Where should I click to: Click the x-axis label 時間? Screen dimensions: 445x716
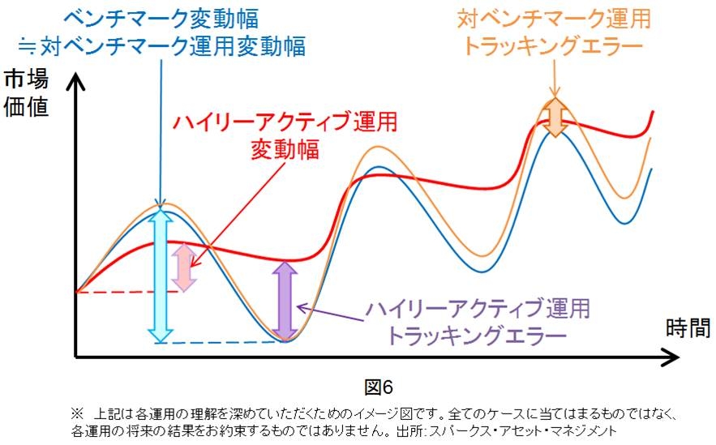click(688, 328)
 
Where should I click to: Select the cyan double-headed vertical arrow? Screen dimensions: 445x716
click(161, 275)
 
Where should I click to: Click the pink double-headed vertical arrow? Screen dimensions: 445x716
click(184, 267)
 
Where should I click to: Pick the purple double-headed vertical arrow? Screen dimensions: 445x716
click(284, 300)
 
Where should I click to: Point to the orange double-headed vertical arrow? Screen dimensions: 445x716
click(555, 117)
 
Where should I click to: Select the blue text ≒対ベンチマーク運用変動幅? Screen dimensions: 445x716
click(161, 46)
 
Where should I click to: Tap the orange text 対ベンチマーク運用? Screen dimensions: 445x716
click(553, 18)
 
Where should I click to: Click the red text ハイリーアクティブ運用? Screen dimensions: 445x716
click(286, 122)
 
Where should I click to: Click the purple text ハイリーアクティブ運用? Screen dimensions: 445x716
click(477, 308)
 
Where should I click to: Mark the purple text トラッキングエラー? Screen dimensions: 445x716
click(476, 336)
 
